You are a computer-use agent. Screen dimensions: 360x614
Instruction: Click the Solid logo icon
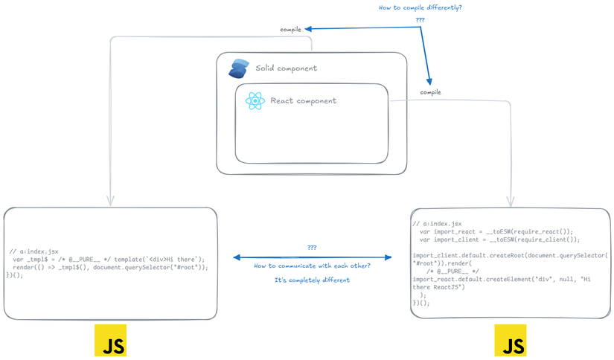(239, 68)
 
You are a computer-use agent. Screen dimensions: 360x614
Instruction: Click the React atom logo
(255, 101)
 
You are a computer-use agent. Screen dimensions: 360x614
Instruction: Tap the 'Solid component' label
(286, 68)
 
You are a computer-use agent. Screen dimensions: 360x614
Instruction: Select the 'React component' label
(303, 101)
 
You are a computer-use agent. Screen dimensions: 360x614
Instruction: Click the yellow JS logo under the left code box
(110, 341)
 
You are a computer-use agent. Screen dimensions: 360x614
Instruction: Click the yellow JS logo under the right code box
(511, 341)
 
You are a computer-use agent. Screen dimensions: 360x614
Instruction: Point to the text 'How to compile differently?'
(420, 7)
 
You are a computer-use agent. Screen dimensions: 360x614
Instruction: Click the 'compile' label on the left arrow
(290, 30)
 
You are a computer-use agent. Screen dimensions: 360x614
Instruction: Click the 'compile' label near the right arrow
(430, 92)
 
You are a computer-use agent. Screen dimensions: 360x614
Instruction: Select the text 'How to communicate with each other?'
(312, 266)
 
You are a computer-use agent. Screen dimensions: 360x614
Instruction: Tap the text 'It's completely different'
(312, 280)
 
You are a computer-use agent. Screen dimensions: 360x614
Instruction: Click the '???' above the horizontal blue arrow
(312, 248)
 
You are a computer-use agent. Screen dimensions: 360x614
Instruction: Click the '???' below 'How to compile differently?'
(420, 20)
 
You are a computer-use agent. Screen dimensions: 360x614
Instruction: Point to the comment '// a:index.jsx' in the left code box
(34, 251)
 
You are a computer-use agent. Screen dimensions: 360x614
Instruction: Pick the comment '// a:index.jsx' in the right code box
(437, 223)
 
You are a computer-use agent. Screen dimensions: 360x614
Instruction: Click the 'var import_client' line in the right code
(499, 240)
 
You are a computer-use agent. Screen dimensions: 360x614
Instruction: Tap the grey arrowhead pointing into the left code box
(110, 201)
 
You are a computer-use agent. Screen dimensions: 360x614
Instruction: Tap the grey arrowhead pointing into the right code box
(511, 201)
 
